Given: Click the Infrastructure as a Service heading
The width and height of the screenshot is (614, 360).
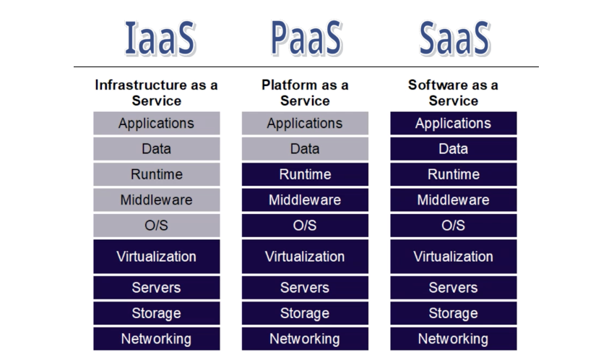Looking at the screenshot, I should pyautogui.click(x=156, y=93).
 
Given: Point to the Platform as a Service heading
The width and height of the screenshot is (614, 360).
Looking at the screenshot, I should pyautogui.click(x=305, y=93).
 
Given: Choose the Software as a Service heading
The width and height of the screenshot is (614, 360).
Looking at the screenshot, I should pyautogui.click(x=453, y=93).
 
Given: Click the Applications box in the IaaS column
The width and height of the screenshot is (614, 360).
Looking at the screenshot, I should pyautogui.click(x=156, y=123).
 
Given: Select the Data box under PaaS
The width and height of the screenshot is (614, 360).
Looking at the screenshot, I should pyautogui.click(x=305, y=149).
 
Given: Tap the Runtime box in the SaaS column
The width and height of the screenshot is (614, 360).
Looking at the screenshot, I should pyautogui.click(x=453, y=174).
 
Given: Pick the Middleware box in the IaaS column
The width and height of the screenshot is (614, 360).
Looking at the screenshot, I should pyautogui.click(x=156, y=200).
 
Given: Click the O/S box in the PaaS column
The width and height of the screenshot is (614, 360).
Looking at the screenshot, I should pyautogui.click(x=305, y=225).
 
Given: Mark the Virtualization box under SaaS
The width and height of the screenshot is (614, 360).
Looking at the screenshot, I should pyautogui.click(x=453, y=257).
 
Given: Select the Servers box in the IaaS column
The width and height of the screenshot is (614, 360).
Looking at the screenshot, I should pyautogui.click(x=156, y=288).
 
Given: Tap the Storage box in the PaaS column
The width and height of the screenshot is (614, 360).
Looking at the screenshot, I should pyautogui.click(x=305, y=313).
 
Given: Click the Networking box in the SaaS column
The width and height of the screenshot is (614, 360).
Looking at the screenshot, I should pyautogui.click(x=453, y=338).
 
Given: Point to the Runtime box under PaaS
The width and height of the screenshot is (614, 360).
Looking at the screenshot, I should pyautogui.click(x=305, y=174).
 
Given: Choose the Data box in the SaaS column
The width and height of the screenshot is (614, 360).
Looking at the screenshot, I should pyautogui.click(x=453, y=149).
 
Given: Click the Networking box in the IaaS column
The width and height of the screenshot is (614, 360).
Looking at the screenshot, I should pyautogui.click(x=156, y=338).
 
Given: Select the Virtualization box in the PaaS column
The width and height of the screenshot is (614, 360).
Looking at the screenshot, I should pyautogui.click(x=305, y=257).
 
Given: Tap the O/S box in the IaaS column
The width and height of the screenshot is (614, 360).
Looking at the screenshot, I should pyautogui.click(x=156, y=225).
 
